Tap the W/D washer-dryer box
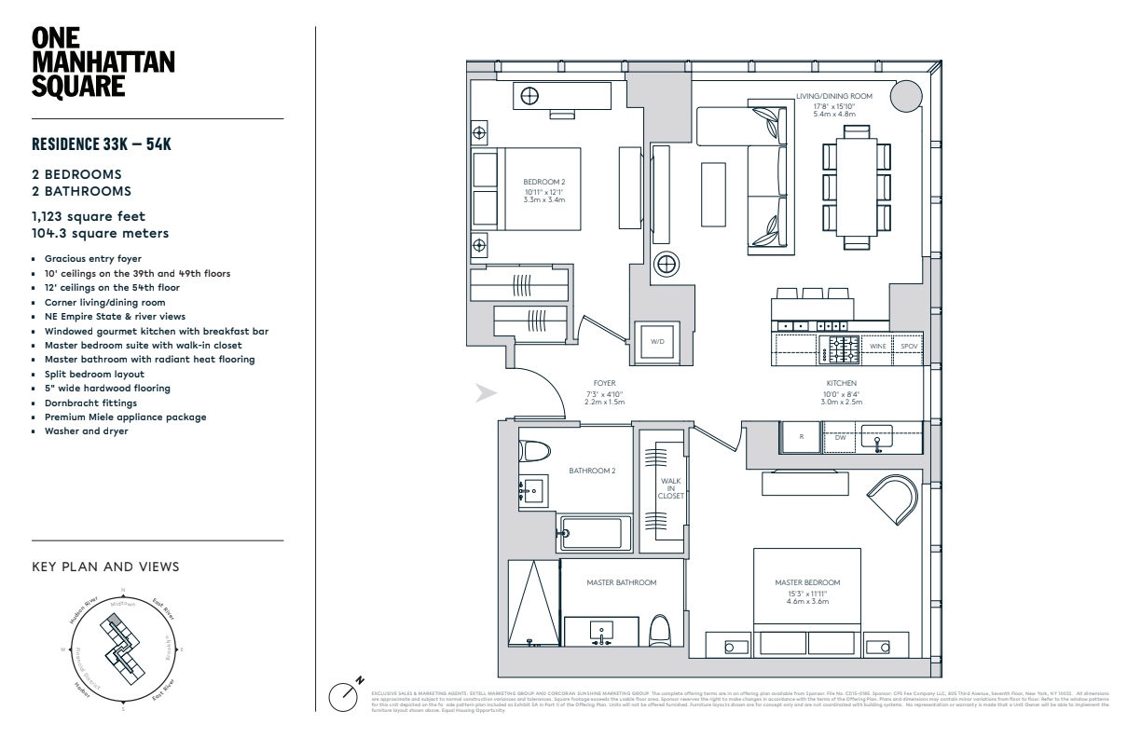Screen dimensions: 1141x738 point(659,341)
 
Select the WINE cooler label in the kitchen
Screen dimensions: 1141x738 point(877,346)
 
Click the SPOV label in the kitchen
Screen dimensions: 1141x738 point(908,346)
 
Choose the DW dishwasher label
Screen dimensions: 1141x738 point(840,436)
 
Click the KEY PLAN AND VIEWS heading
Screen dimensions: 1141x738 point(105,567)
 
